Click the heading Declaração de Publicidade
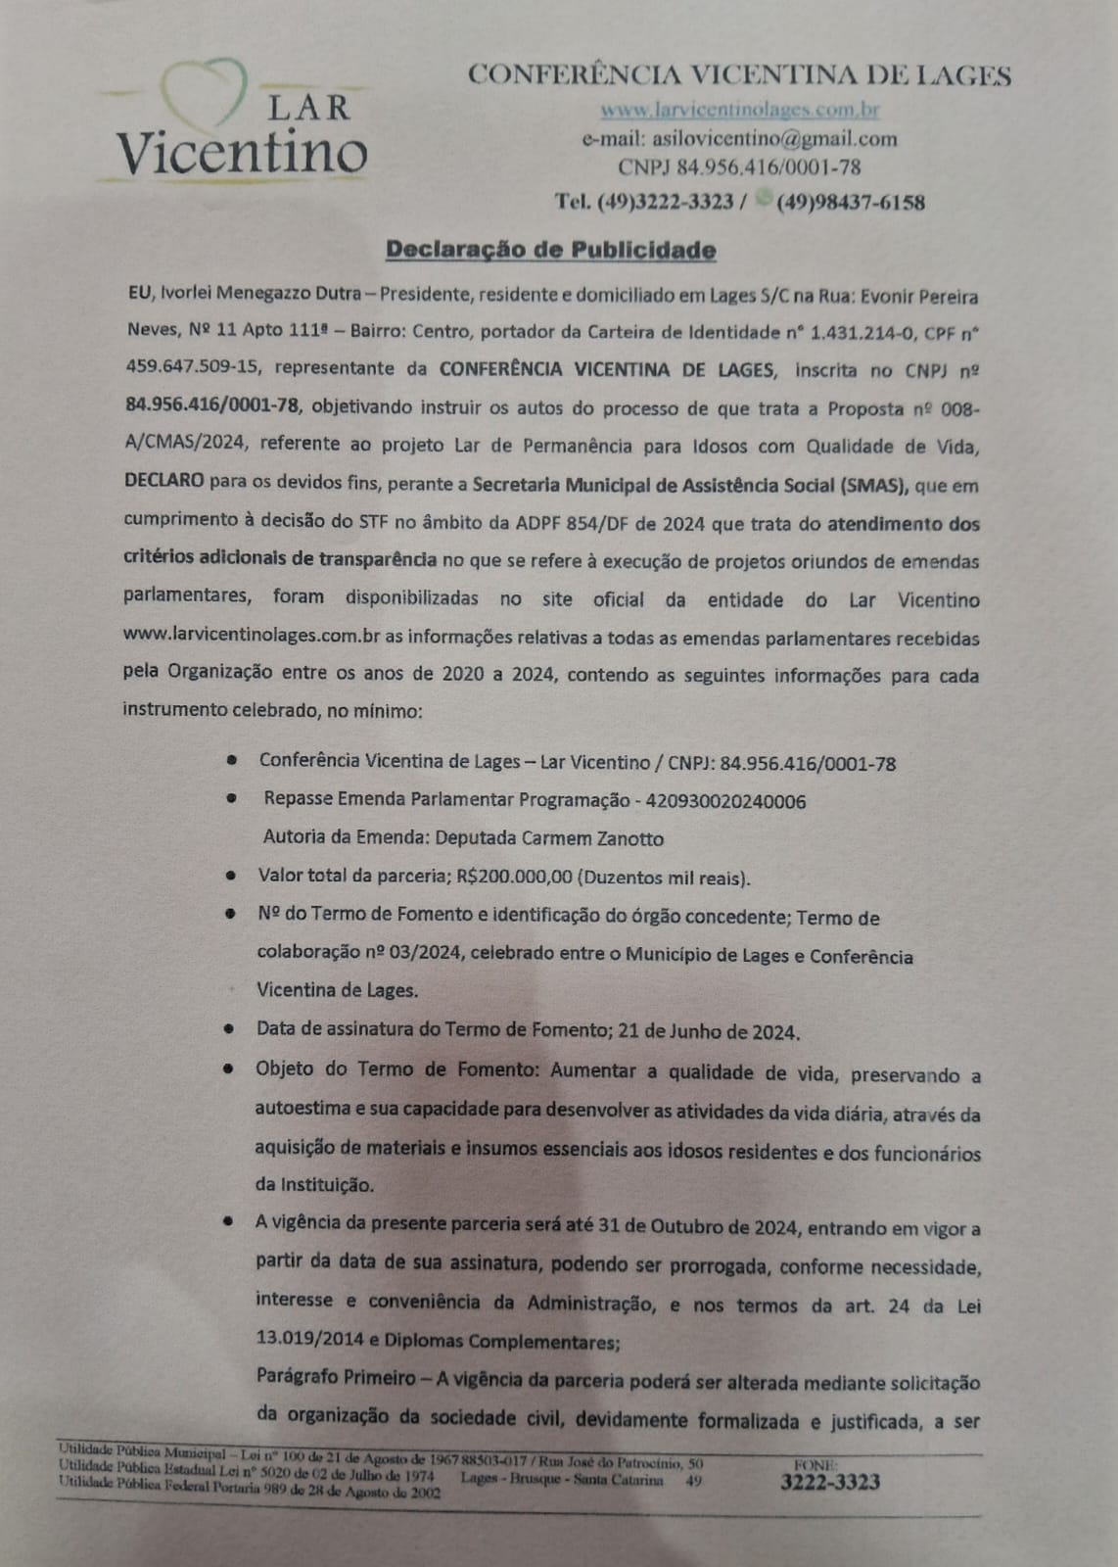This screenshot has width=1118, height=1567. tap(551, 250)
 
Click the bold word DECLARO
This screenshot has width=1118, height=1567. tap(164, 484)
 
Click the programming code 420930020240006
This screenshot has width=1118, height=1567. tap(725, 801)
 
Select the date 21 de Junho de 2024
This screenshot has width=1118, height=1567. tap(702, 1031)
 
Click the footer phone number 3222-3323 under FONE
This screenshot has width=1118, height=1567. tap(829, 1482)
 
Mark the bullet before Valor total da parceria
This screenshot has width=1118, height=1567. tap(230, 876)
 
